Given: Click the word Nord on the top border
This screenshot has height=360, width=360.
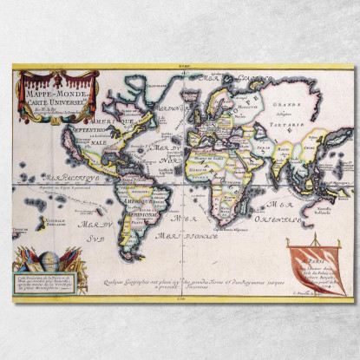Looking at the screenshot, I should pyautogui.click(x=180, y=67).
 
